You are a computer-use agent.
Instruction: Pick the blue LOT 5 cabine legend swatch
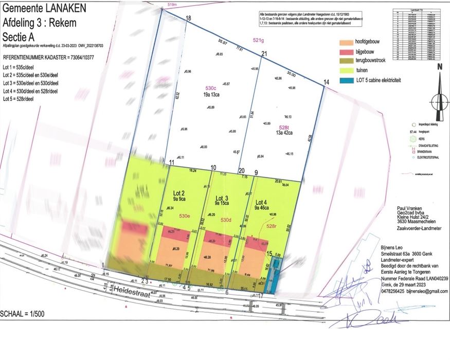348,81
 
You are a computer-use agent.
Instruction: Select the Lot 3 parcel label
221,198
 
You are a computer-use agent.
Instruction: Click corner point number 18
188,19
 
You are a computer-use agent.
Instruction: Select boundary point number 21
264,54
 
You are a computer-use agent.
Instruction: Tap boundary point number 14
326,82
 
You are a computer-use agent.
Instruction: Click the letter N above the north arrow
439,67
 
